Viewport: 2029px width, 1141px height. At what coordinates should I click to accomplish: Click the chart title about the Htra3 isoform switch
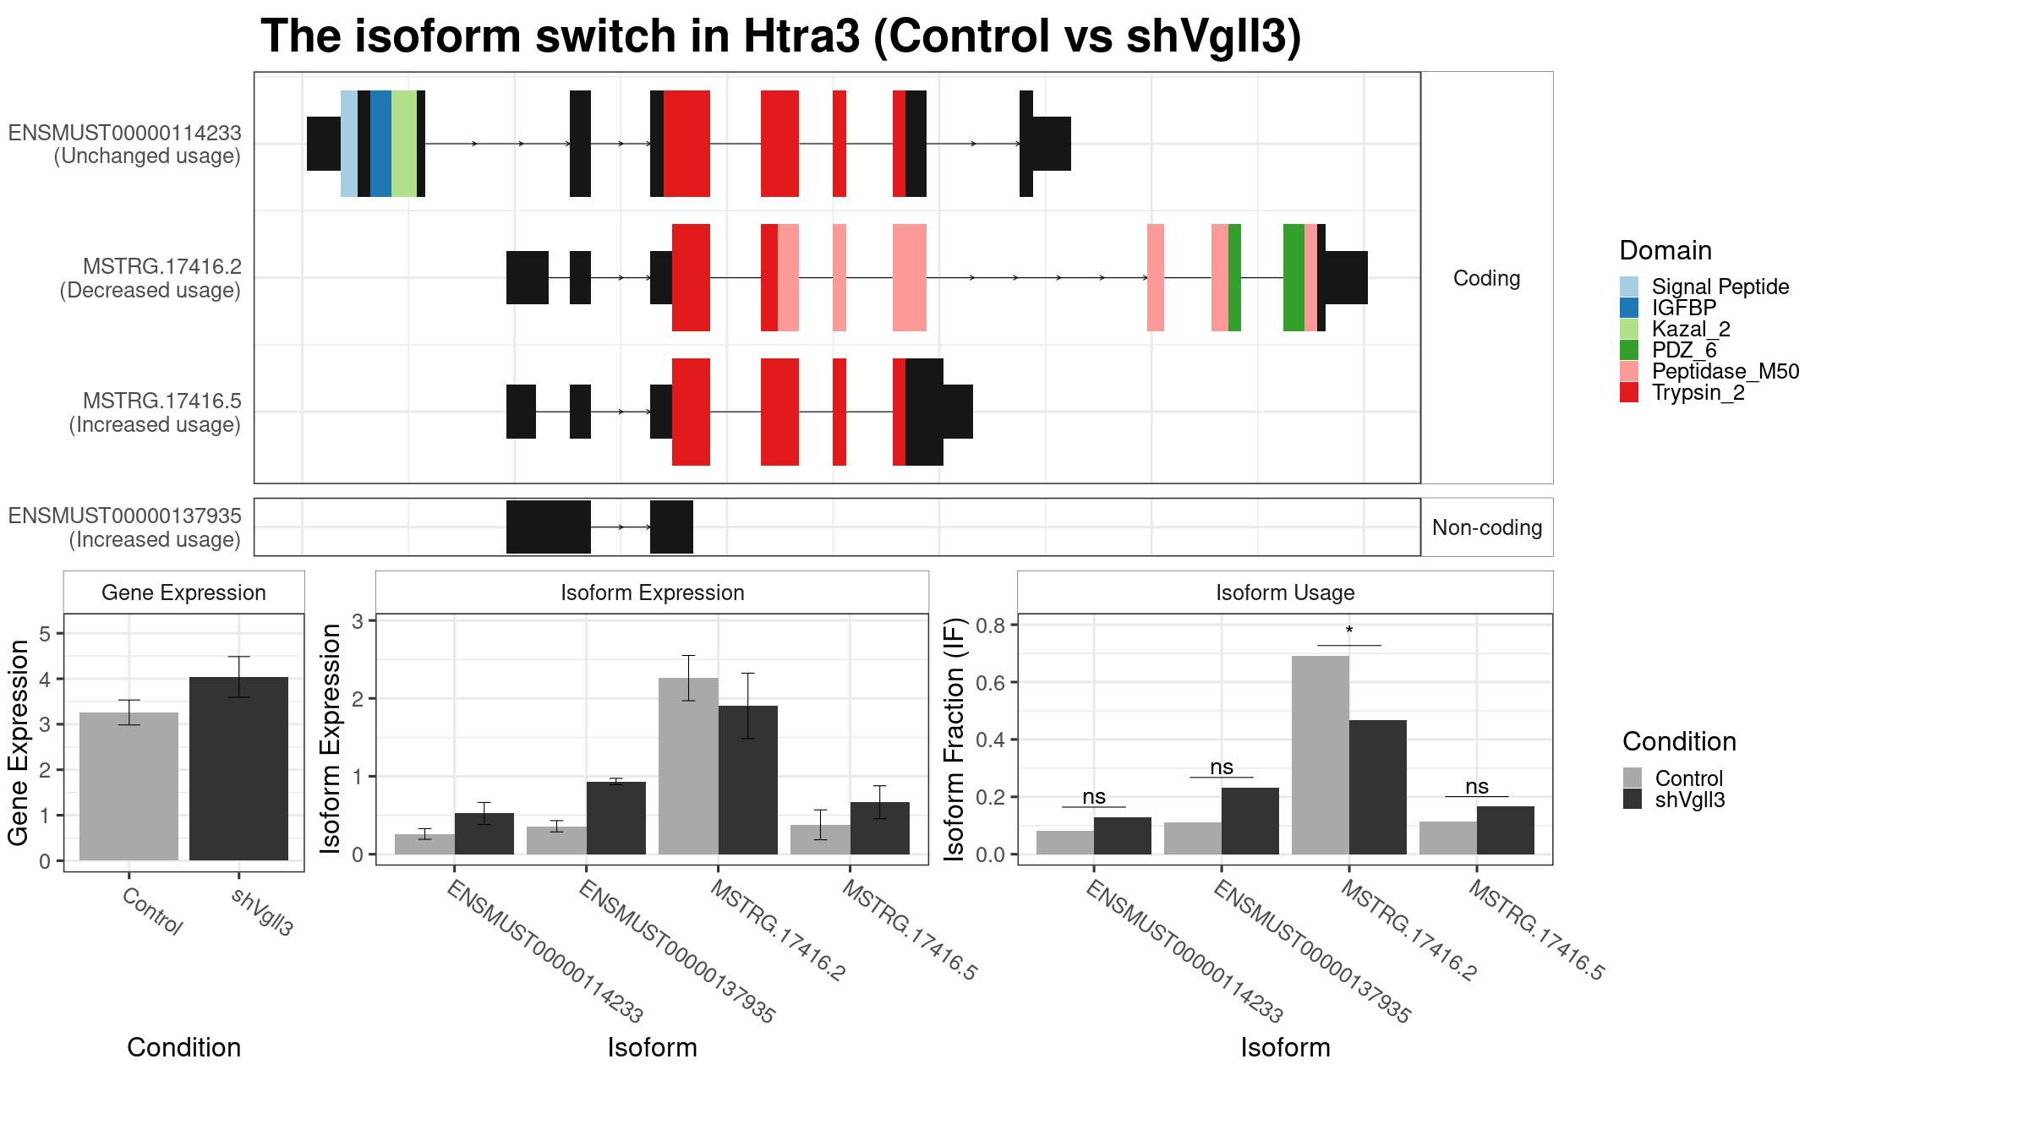tap(780, 36)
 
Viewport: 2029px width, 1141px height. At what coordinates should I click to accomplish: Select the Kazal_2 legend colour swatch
tap(1629, 329)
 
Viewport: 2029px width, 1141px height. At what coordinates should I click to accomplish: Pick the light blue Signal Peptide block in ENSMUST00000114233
tap(349, 144)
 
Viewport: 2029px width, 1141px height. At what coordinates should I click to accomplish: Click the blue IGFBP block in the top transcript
tap(380, 144)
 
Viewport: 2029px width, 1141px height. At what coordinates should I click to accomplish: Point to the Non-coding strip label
tap(1487, 527)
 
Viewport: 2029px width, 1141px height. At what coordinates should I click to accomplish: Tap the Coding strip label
tap(1486, 278)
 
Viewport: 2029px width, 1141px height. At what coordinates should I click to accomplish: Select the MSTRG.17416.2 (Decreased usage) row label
tap(150, 278)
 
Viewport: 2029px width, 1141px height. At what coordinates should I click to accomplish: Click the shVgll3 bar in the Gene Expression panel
tap(238, 768)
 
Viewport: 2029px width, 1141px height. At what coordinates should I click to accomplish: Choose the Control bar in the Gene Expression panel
tap(129, 786)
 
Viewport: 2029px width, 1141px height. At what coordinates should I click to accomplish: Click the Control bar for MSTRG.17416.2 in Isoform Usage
tap(1321, 755)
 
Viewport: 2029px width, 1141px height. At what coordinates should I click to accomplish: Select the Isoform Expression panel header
tap(652, 592)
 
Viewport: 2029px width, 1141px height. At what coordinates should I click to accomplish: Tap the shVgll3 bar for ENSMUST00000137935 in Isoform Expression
tap(616, 818)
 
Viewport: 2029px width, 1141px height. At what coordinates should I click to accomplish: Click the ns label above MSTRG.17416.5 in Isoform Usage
tap(1477, 786)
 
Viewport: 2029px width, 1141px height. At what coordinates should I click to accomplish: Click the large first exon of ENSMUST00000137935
tap(549, 527)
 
